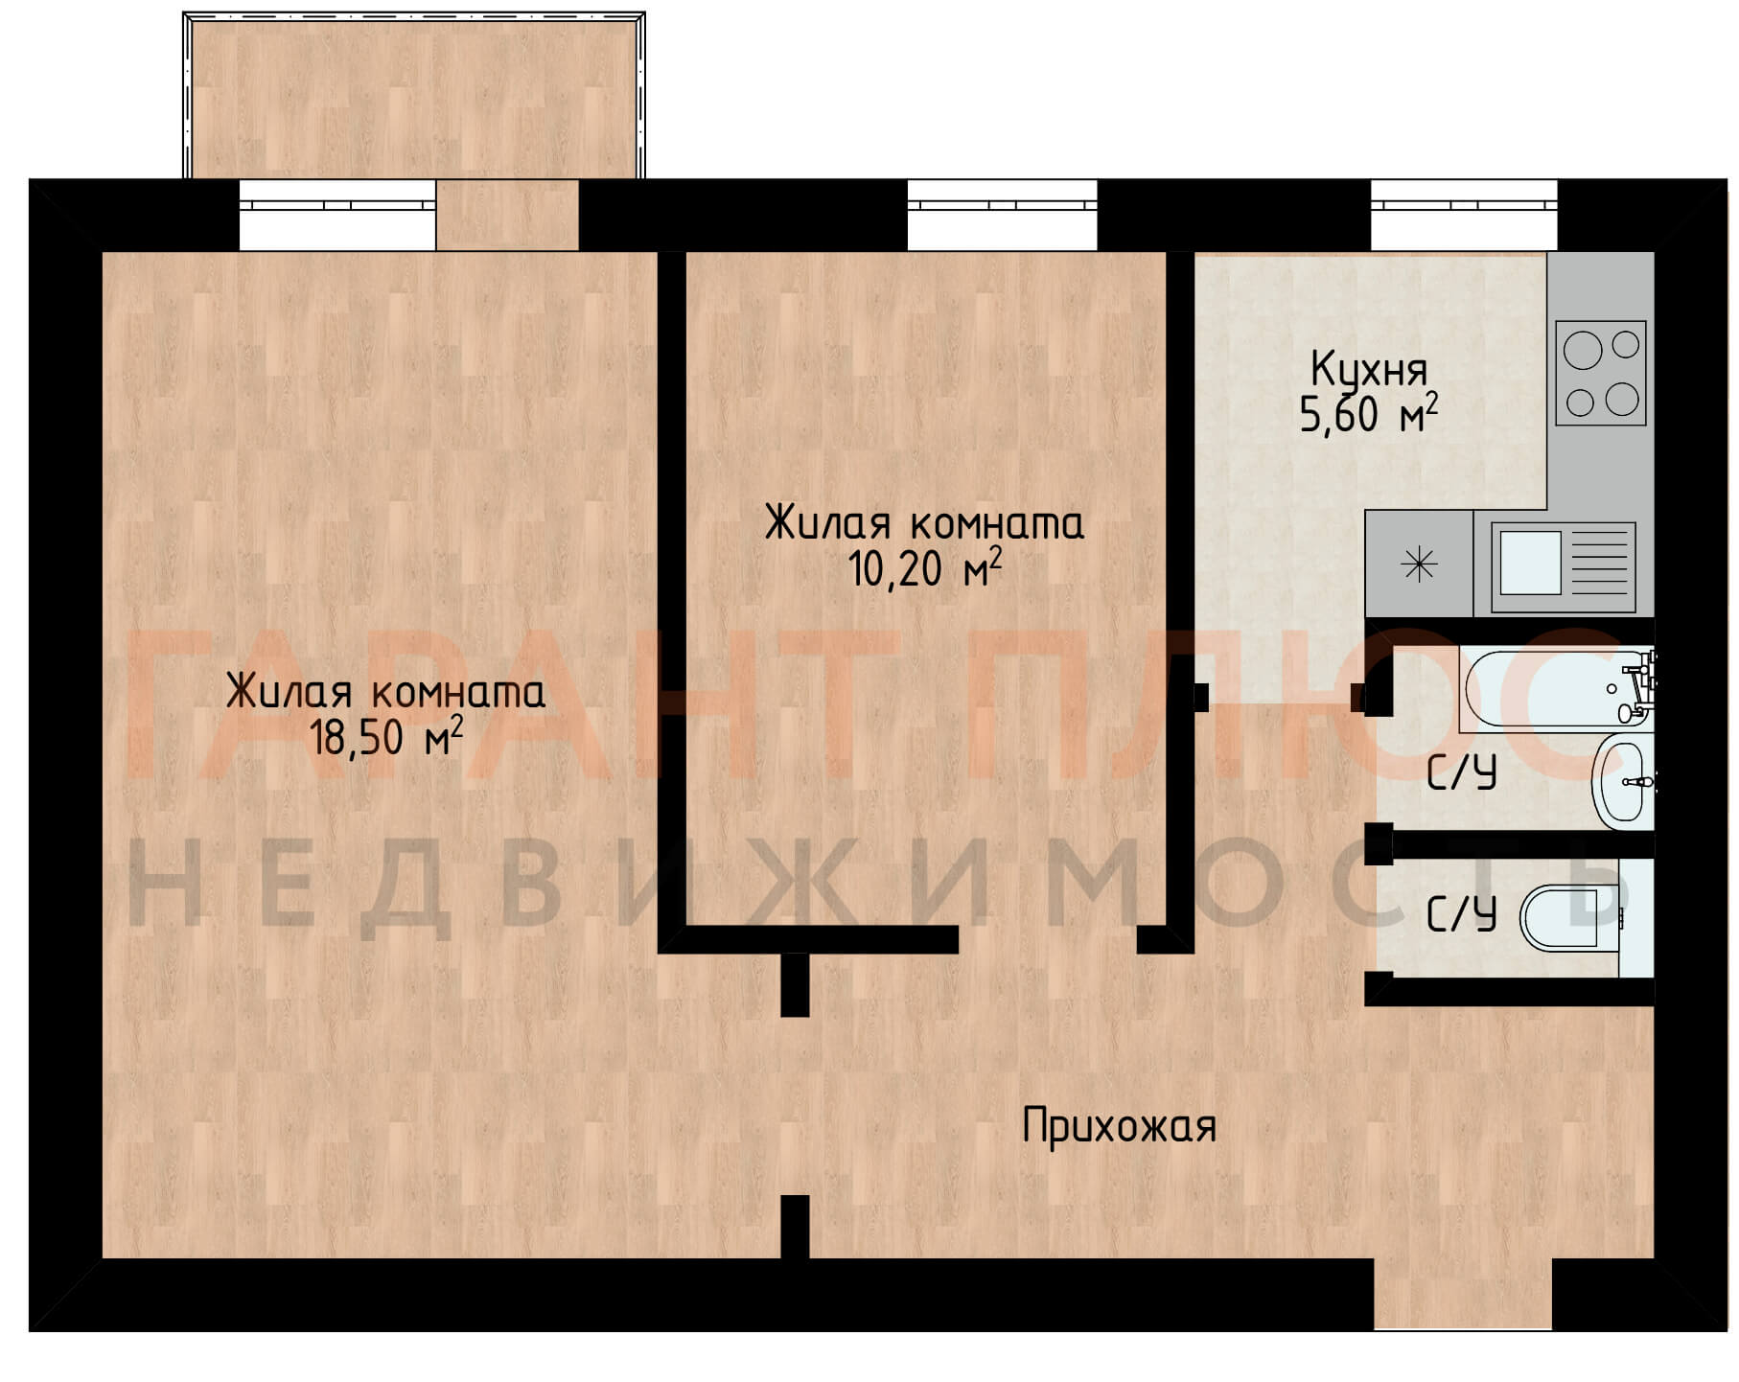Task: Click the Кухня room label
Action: pos(1369,370)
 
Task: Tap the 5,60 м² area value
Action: pos(1369,414)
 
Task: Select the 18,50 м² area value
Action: pos(386,736)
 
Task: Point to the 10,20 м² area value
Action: pos(925,568)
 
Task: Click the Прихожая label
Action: pos(1119,1126)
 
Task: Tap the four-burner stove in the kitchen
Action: pos(1600,373)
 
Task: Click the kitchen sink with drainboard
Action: pos(1563,566)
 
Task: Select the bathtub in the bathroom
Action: pos(1557,689)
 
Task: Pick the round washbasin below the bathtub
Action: pos(1623,783)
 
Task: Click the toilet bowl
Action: pos(1572,917)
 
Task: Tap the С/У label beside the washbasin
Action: pos(1461,773)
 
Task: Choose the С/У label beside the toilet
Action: pos(1461,915)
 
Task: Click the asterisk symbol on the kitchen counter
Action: pos(1419,564)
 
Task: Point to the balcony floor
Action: pos(414,99)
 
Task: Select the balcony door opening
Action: pos(507,215)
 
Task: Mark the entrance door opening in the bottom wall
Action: pos(1463,1294)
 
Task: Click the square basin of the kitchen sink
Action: pos(1530,563)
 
